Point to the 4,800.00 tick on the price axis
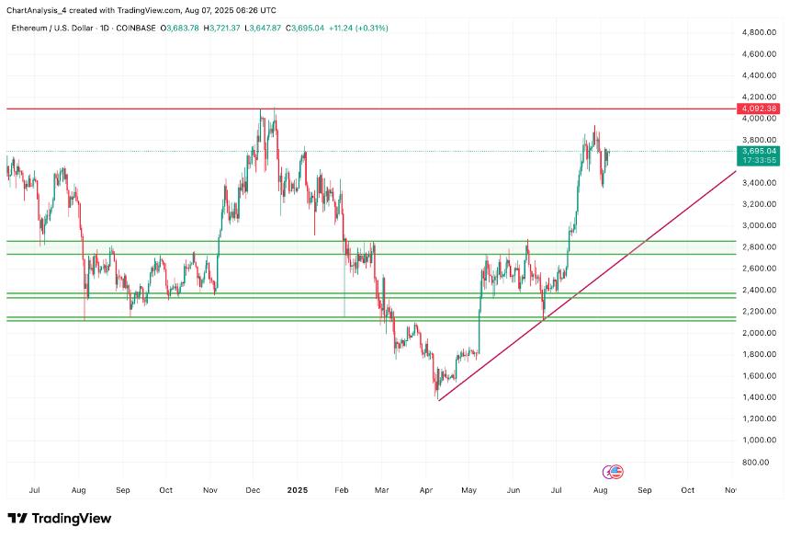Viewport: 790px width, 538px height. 760,32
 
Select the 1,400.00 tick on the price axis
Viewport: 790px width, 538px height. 760,397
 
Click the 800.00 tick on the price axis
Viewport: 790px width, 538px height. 762,462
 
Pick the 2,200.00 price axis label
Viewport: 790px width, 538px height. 760,312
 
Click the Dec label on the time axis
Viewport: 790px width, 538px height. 253,491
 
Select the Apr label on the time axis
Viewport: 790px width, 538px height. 425,491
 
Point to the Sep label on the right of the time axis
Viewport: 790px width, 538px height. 644,491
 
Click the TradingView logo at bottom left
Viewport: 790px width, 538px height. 60,519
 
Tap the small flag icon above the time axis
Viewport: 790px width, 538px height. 615,472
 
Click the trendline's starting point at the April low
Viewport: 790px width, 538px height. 439,400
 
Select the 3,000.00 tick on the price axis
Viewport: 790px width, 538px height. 760,226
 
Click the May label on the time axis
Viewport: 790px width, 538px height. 469,491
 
